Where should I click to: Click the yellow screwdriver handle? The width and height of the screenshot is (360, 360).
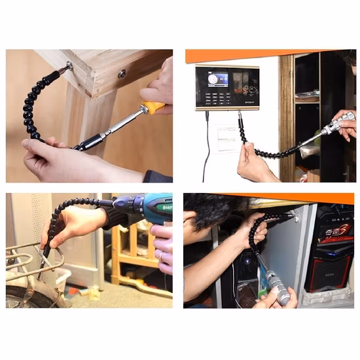153,107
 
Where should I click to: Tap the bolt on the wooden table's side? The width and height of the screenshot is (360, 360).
122,74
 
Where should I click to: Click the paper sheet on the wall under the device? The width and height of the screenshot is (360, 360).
223,137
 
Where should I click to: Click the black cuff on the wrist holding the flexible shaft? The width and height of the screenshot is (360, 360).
158,176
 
